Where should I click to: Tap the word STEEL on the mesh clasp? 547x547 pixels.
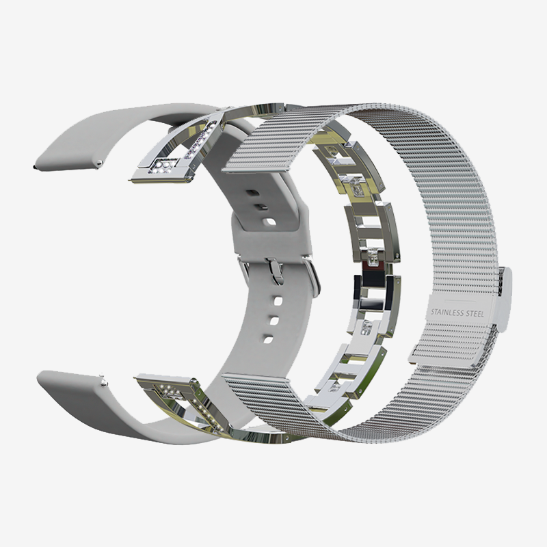point(476,314)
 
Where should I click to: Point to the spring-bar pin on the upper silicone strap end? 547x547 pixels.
point(100,163)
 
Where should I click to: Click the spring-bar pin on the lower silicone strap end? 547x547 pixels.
point(104,383)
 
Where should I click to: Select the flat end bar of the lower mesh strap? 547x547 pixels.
point(255,376)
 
